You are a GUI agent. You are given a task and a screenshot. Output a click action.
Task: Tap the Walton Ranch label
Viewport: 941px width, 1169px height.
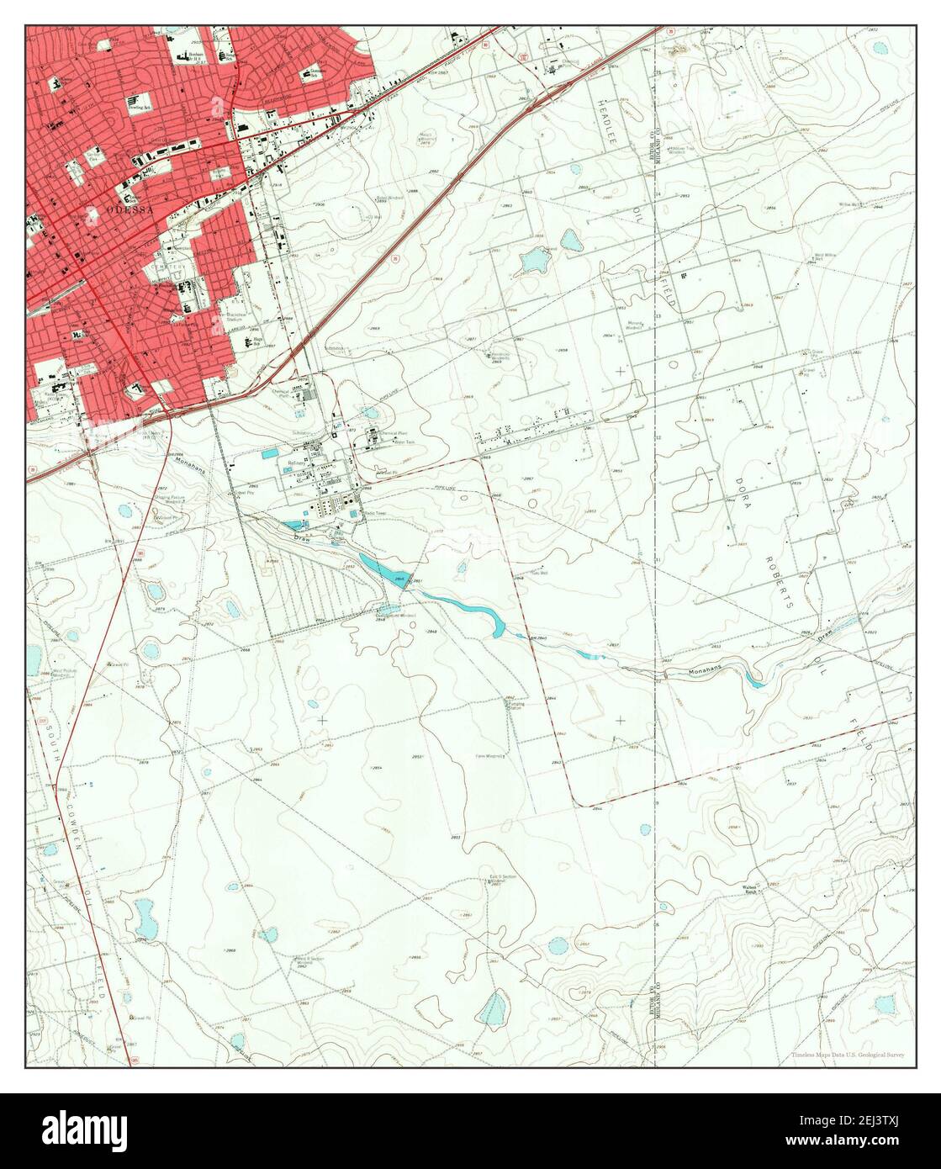(x=752, y=889)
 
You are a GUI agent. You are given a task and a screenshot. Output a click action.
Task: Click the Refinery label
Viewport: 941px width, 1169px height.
(x=297, y=463)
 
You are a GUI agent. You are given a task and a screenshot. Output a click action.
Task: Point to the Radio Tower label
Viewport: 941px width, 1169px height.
(x=374, y=512)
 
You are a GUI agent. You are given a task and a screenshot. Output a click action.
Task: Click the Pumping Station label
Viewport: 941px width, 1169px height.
(x=515, y=705)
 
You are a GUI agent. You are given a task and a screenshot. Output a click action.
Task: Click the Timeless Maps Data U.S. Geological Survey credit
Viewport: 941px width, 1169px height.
(x=848, y=1054)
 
